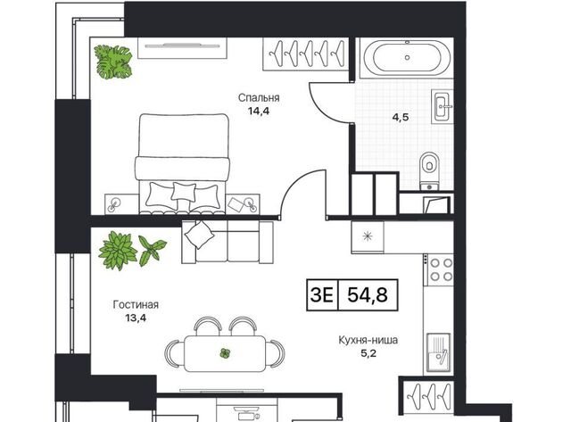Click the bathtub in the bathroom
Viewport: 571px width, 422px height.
click(407, 57)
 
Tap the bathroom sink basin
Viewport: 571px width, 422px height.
click(443, 106)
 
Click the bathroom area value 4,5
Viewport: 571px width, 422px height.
click(401, 117)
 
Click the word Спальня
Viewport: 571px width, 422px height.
click(259, 97)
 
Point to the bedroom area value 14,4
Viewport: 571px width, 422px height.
click(259, 111)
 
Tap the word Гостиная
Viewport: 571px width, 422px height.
click(136, 304)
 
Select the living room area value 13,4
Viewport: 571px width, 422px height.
click(136, 318)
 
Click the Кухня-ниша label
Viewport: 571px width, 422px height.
click(368, 340)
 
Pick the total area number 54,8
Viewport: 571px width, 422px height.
click(368, 294)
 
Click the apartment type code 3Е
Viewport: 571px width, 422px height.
click(321, 294)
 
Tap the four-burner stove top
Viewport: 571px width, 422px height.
click(442, 269)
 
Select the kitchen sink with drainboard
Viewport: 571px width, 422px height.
click(439, 352)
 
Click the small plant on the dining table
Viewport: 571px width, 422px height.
click(225, 353)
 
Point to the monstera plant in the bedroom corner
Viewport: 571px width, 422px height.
click(113, 62)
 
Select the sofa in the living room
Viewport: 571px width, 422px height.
click(228, 242)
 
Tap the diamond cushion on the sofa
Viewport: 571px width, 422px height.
click(199, 235)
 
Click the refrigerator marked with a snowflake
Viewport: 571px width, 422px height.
click(368, 236)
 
